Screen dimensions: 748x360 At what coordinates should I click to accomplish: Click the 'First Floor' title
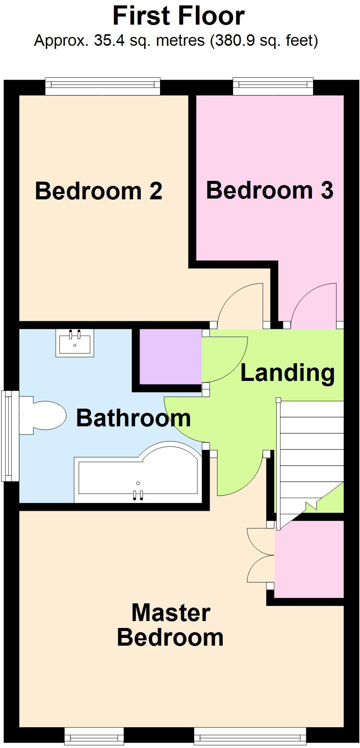[178, 16]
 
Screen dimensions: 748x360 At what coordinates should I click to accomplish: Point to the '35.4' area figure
[109, 40]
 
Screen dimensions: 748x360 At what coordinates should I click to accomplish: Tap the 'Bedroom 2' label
[98, 191]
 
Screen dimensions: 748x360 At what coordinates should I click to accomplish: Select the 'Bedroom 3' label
[269, 190]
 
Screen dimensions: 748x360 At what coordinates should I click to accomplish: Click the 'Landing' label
[287, 372]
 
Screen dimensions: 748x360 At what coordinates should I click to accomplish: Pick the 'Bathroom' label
[133, 418]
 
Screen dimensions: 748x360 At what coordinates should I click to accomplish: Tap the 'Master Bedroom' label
[170, 625]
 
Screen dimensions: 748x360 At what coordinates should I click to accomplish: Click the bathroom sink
[75, 342]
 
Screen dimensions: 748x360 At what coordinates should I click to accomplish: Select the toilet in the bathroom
[44, 416]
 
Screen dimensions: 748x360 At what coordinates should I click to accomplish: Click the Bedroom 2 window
[102, 86]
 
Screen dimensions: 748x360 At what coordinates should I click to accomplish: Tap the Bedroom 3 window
[273, 86]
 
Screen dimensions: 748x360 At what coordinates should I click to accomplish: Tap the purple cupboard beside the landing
[170, 356]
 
